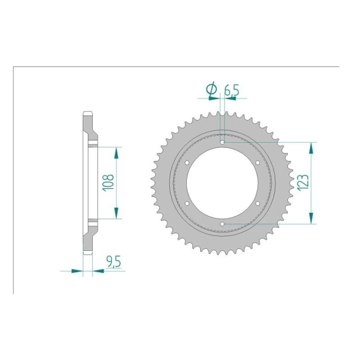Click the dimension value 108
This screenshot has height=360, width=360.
[x=108, y=183]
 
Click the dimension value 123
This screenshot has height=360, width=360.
[x=303, y=183]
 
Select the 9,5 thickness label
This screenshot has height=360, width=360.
[x=114, y=261]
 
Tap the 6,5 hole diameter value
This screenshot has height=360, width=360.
[x=232, y=90]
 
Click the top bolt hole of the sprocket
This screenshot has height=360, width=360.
[x=222, y=142]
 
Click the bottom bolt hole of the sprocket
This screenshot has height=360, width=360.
[x=222, y=224]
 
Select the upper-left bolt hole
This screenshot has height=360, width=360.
[x=187, y=162]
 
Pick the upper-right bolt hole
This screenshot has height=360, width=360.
[x=258, y=162]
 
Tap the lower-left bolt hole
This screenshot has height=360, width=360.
[x=187, y=203]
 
